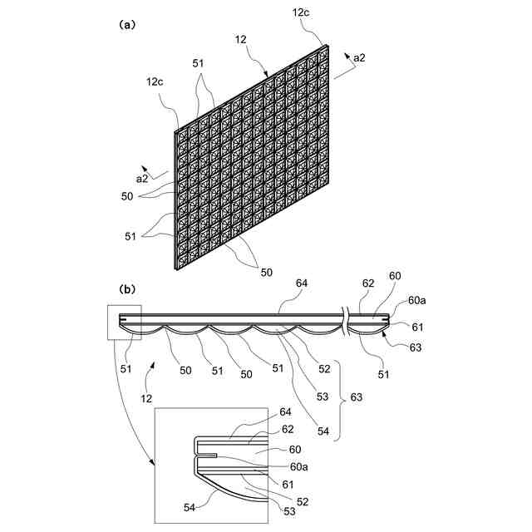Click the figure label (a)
click(127, 25)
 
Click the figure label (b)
click(127, 289)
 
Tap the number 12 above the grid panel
click(241, 39)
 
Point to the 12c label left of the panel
click(155, 81)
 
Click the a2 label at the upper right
click(360, 57)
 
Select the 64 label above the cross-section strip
click(301, 284)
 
